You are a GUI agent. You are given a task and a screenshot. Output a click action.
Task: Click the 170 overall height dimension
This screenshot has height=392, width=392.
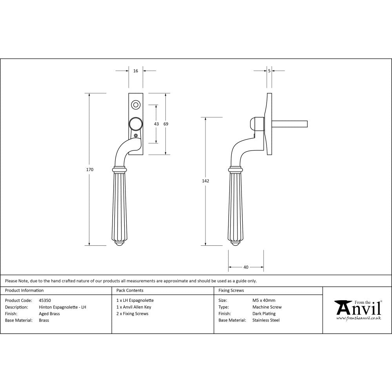[x=90, y=169]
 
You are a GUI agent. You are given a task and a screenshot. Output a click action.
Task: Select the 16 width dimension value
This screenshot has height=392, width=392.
[x=136, y=71]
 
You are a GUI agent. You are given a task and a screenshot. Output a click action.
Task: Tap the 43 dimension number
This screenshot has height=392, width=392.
[x=156, y=124]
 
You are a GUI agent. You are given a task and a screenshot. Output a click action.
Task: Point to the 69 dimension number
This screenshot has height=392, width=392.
[x=166, y=124]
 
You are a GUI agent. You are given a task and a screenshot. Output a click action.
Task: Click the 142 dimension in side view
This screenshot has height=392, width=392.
[x=206, y=181]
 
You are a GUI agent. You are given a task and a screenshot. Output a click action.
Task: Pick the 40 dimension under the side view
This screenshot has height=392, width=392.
[x=246, y=267]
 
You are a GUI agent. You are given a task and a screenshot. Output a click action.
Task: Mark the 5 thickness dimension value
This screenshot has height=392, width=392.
[x=269, y=71]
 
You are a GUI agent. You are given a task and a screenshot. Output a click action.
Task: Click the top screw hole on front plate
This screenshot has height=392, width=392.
[x=136, y=105]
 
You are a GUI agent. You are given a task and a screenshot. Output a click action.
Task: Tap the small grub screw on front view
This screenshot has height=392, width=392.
[x=136, y=136]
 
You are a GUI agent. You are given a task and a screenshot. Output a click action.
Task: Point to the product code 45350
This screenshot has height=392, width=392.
[x=45, y=301]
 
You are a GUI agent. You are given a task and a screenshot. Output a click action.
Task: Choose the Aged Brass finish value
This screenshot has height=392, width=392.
[x=49, y=314]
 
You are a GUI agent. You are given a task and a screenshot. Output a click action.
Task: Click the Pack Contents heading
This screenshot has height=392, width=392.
[x=130, y=290]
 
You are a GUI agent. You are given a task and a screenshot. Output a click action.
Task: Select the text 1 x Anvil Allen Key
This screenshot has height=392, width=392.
[x=134, y=307]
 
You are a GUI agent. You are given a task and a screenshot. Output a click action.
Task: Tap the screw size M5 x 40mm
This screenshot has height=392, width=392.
[x=264, y=301]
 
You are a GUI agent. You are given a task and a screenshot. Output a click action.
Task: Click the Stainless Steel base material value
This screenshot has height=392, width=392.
[x=266, y=320]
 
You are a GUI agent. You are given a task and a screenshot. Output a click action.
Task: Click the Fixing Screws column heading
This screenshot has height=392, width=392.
[x=231, y=290]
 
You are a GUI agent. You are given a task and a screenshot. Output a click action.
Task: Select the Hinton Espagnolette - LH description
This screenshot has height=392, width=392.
[x=62, y=307]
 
